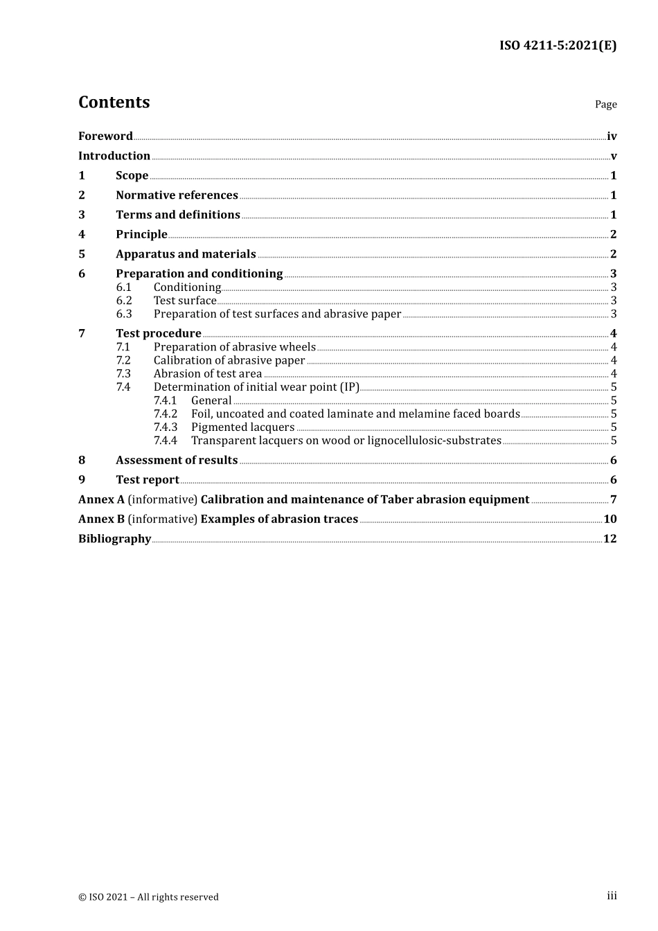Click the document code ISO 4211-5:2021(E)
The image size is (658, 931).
click(x=558, y=46)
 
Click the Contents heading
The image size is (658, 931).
click(x=114, y=103)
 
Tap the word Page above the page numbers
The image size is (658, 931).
click(x=605, y=105)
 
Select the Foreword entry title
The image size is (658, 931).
click(x=105, y=136)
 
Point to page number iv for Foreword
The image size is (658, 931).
click(x=612, y=136)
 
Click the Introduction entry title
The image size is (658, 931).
click(x=114, y=156)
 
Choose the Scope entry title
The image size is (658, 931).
click(x=132, y=176)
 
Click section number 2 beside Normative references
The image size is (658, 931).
click(x=82, y=195)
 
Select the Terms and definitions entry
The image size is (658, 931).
click(x=177, y=215)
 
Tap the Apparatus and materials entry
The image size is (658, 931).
click(x=186, y=254)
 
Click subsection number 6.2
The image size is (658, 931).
click(x=124, y=301)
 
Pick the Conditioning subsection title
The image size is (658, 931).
click(x=187, y=287)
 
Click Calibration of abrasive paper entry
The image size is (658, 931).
click(x=229, y=360)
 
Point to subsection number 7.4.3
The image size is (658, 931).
click(x=165, y=427)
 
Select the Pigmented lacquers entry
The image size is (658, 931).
click(x=242, y=427)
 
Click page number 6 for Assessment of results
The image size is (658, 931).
click(x=613, y=461)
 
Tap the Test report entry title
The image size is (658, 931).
click(x=147, y=480)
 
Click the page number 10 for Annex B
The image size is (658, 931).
click(x=610, y=520)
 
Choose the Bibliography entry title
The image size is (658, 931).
click(x=114, y=539)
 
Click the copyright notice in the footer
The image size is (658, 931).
click(x=148, y=897)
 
